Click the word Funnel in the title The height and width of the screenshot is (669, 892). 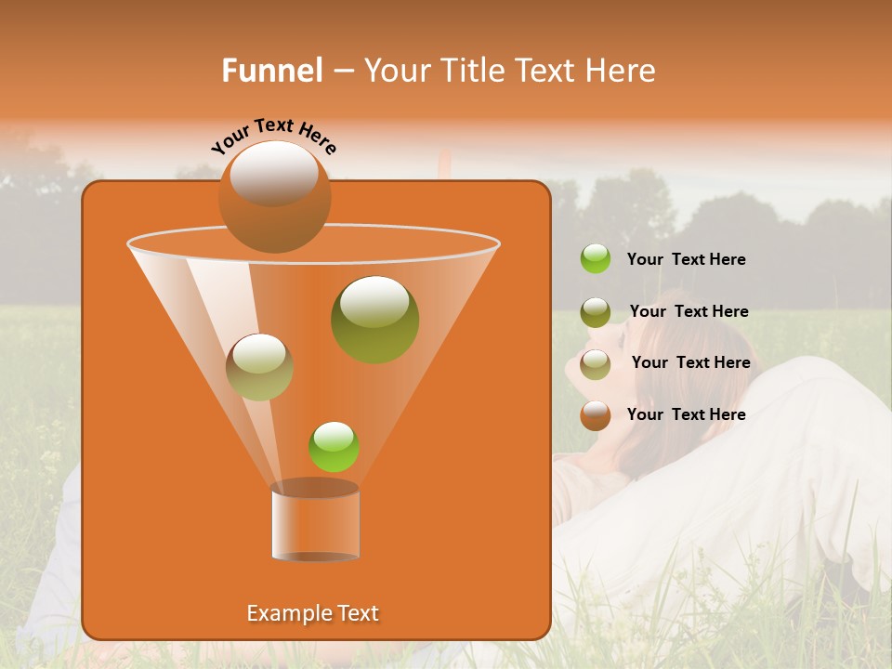click(x=272, y=71)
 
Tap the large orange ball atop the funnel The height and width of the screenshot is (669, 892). click(x=274, y=197)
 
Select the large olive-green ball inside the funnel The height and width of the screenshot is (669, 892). click(x=374, y=319)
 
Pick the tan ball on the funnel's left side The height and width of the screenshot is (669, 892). click(x=259, y=367)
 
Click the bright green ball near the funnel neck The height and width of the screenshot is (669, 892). click(x=334, y=446)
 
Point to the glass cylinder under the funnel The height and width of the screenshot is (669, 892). click(x=315, y=521)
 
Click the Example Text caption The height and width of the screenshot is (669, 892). click(x=312, y=613)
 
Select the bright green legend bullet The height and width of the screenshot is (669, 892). click(x=596, y=259)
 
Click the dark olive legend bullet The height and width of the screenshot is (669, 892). click(x=596, y=312)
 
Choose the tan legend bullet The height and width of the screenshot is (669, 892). click(x=596, y=363)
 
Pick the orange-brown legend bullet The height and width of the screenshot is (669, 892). click(x=596, y=415)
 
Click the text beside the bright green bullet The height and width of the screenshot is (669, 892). click(x=686, y=259)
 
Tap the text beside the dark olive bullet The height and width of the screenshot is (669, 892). click(x=689, y=311)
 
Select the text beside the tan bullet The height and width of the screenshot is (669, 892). click(x=690, y=362)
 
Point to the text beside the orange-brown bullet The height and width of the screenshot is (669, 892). click(x=686, y=414)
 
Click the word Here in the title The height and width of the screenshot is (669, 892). click(x=621, y=71)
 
